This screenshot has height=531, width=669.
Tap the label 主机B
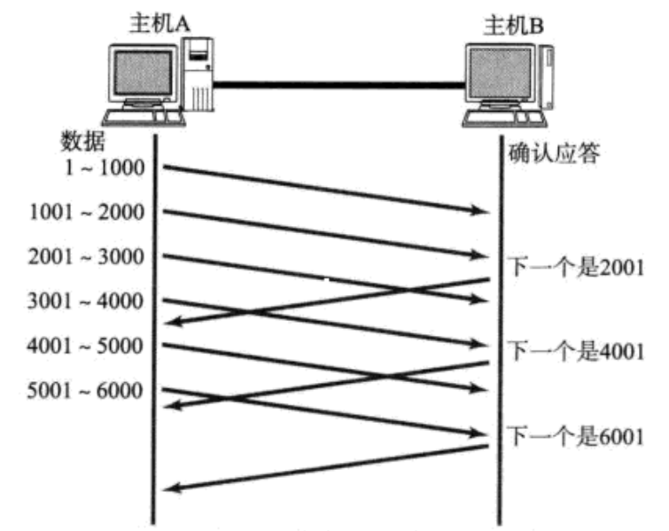click(514, 24)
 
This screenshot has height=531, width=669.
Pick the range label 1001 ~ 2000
click(87, 212)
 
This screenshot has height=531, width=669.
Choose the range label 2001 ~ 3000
click(87, 257)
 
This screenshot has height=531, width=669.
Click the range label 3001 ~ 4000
click(87, 301)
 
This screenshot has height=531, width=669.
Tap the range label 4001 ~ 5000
click(87, 346)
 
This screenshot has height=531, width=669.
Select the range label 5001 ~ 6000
click(87, 390)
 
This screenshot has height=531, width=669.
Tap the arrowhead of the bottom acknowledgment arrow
click(176, 488)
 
